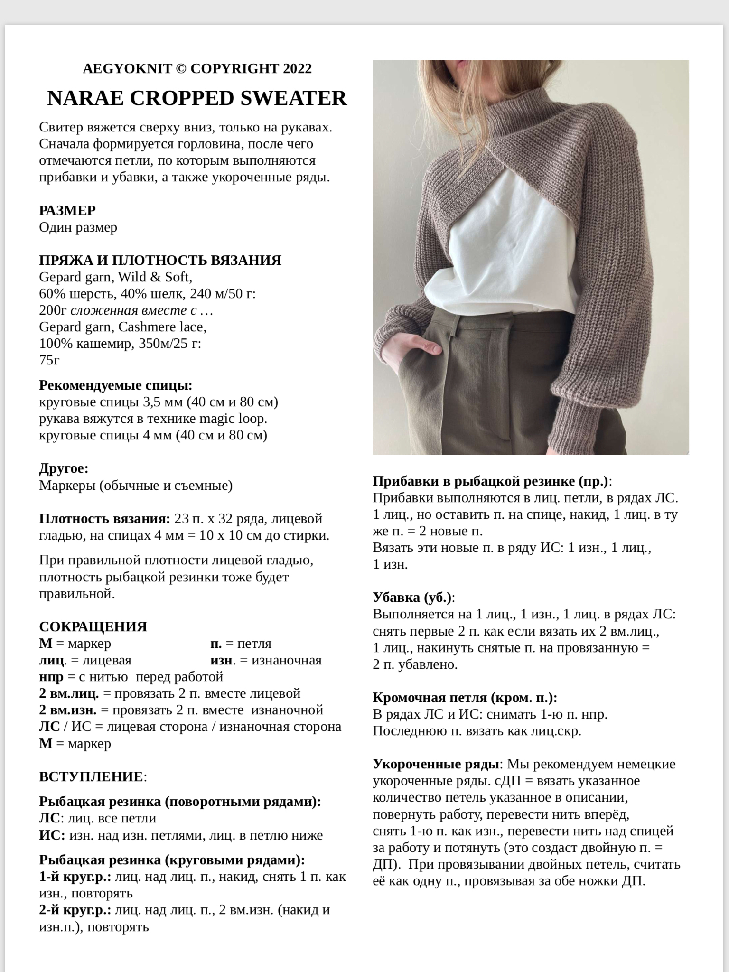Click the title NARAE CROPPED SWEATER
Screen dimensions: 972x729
pyautogui.click(x=197, y=98)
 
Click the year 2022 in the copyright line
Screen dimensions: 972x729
pyautogui.click(x=297, y=69)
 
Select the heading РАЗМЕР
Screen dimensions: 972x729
pyautogui.click(x=67, y=210)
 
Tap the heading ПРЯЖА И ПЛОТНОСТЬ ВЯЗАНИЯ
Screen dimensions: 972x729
pyautogui.click(x=160, y=260)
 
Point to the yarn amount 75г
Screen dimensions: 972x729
pyautogui.click(x=49, y=360)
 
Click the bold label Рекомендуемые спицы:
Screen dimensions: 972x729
pyautogui.click(x=115, y=385)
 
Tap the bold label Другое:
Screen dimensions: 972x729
pyautogui.click(x=64, y=468)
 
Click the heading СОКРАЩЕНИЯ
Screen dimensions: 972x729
pyautogui.click(x=93, y=626)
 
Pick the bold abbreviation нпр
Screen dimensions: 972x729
pyautogui.click(x=51, y=676)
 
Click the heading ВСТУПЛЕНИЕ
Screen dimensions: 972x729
pyautogui.click(x=91, y=777)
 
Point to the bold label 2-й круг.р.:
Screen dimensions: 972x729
pyautogui.click(x=75, y=910)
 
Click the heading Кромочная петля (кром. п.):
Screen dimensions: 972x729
pyautogui.click(x=465, y=697)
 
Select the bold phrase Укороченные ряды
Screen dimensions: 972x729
pyautogui.click(x=436, y=764)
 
